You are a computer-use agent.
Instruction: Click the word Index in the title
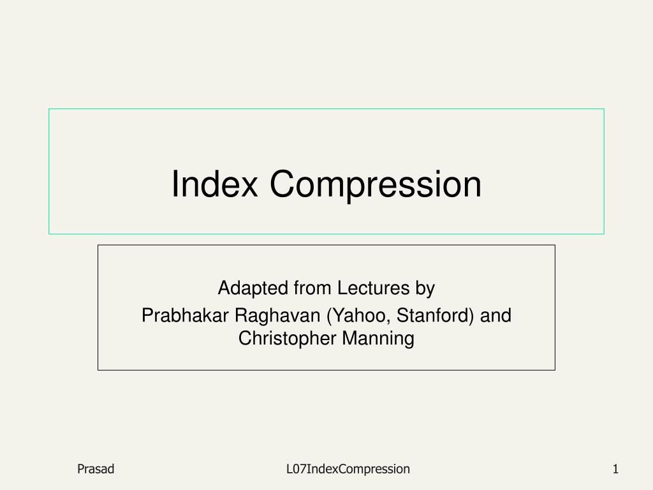(x=215, y=183)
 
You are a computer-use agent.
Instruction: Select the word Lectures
(x=373, y=288)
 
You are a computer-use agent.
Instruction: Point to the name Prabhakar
(x=185, y=315)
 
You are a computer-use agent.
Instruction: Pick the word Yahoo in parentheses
(x=360, y=315)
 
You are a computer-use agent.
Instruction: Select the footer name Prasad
(x=96, y=469)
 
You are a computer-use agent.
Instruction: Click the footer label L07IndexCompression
(x=348, y=470)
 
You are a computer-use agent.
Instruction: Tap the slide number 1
(x=615, y=469)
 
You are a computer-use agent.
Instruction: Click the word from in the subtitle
(x=312, y=288)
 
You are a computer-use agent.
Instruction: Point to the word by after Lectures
(x=425, y=289)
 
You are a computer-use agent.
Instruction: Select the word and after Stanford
(x=495, y=315)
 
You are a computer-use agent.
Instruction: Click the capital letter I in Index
(x=175, y=183)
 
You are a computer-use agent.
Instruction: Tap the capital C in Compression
(x=284, y=183)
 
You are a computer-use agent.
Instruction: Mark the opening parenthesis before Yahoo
(x=330, y=316)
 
